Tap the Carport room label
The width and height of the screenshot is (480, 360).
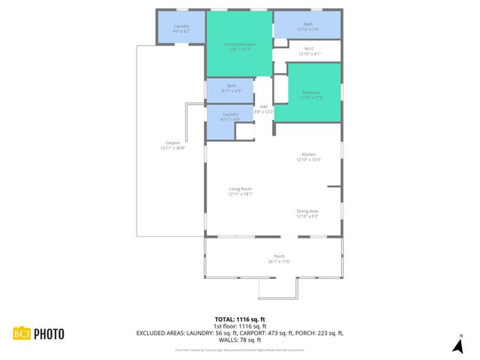pyautogui.click(x=172, y=145)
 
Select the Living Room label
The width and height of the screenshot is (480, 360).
pyautogui.click(x=240, y=191)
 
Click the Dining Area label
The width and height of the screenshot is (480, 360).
pyautogui.click(x=307, y=214)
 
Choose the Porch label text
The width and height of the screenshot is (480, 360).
pyautogui.click(x=279, y=259)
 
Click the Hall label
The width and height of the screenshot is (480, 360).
pyautogui.click(x=263, y=109)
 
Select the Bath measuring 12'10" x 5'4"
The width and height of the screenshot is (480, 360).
pyautogui.click(x=307, y=26)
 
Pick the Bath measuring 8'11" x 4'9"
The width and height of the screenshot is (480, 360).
pyautogui.click(x=231, y=88)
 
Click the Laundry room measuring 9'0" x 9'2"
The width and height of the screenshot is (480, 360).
pyautogui.click(x=181, y=28)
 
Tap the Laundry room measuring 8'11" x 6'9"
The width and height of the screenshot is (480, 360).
pyautogui.click(x=230, y=116)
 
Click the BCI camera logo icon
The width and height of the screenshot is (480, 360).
pyautogui.click(x=21, y=334)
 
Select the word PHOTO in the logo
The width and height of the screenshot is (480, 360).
pyautogui.click(x=47, y=334)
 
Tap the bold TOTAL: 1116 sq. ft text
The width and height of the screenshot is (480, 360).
pyautogui.click(x=239, y=319)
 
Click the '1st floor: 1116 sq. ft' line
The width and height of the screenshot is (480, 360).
pyautogui.click(x=239, y=326)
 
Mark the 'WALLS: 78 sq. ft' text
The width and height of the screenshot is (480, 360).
pyautogui.click(x=239, y=340)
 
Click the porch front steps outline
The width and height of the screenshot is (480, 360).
pyautogui.click(x=278, y=288)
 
